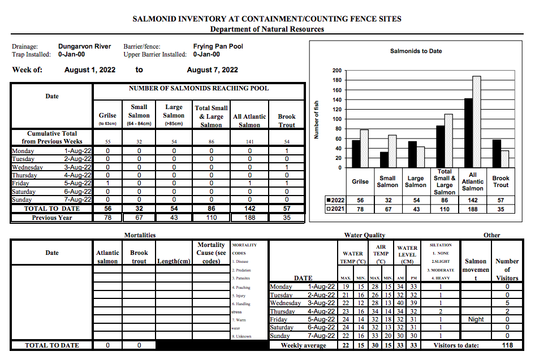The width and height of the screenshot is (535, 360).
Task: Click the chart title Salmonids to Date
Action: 416,51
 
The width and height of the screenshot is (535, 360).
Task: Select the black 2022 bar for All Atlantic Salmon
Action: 468,133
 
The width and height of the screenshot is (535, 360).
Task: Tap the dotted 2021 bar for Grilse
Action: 364,149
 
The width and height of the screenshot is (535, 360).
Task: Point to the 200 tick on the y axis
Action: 337,71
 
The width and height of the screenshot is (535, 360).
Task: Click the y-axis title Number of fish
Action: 317,119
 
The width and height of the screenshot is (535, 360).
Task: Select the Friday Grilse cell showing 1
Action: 107,183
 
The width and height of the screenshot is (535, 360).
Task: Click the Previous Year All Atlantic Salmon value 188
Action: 249,218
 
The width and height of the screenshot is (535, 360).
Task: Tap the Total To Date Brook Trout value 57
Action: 287,209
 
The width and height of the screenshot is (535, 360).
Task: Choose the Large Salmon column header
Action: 174,115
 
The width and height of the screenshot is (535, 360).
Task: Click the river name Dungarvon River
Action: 85,46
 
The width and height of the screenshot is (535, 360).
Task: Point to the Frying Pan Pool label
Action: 218,46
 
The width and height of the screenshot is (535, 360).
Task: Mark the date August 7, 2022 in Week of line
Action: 212,70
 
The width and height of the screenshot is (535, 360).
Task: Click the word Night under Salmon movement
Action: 476,319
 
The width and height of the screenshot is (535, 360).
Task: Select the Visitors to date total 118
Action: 507,345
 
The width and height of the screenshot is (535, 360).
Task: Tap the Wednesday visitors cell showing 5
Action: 507,303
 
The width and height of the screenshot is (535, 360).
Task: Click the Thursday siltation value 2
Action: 441,311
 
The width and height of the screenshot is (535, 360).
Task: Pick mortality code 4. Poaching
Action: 241,287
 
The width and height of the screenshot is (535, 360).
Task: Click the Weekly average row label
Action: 303,345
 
